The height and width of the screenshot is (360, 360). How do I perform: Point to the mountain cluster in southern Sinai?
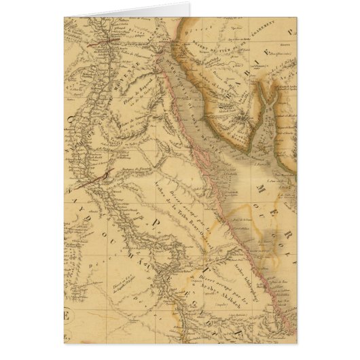[238, 126]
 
